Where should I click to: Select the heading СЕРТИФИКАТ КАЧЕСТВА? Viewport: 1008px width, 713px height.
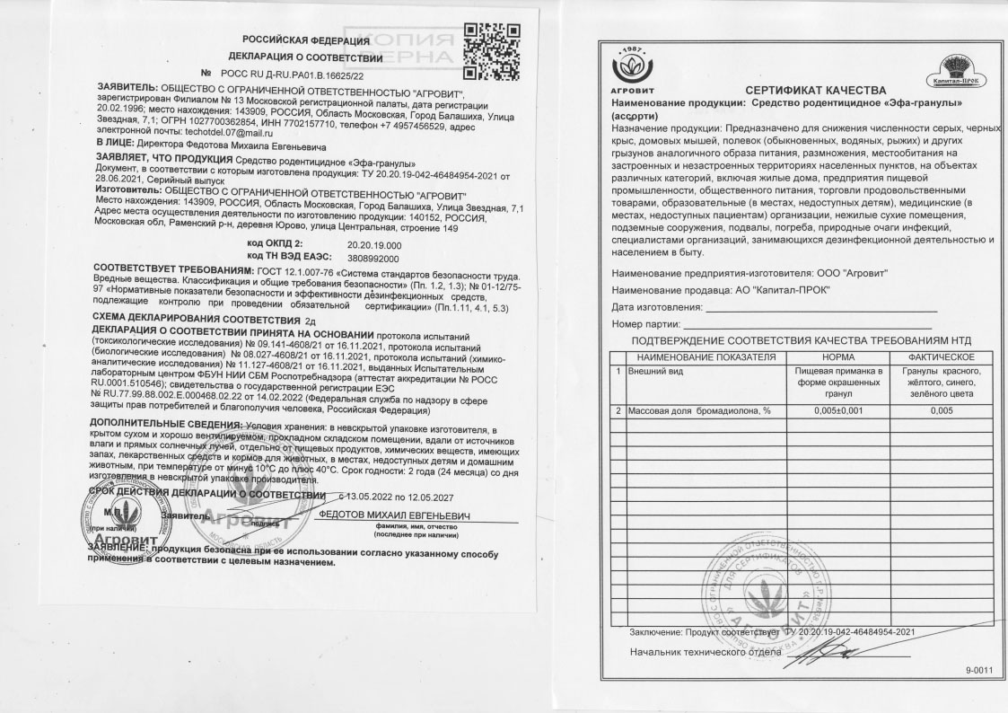[815, 91]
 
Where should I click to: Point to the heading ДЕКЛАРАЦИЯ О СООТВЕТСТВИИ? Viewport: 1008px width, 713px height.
[313, 58]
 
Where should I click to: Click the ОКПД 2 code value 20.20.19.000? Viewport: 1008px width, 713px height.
[373, 243]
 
